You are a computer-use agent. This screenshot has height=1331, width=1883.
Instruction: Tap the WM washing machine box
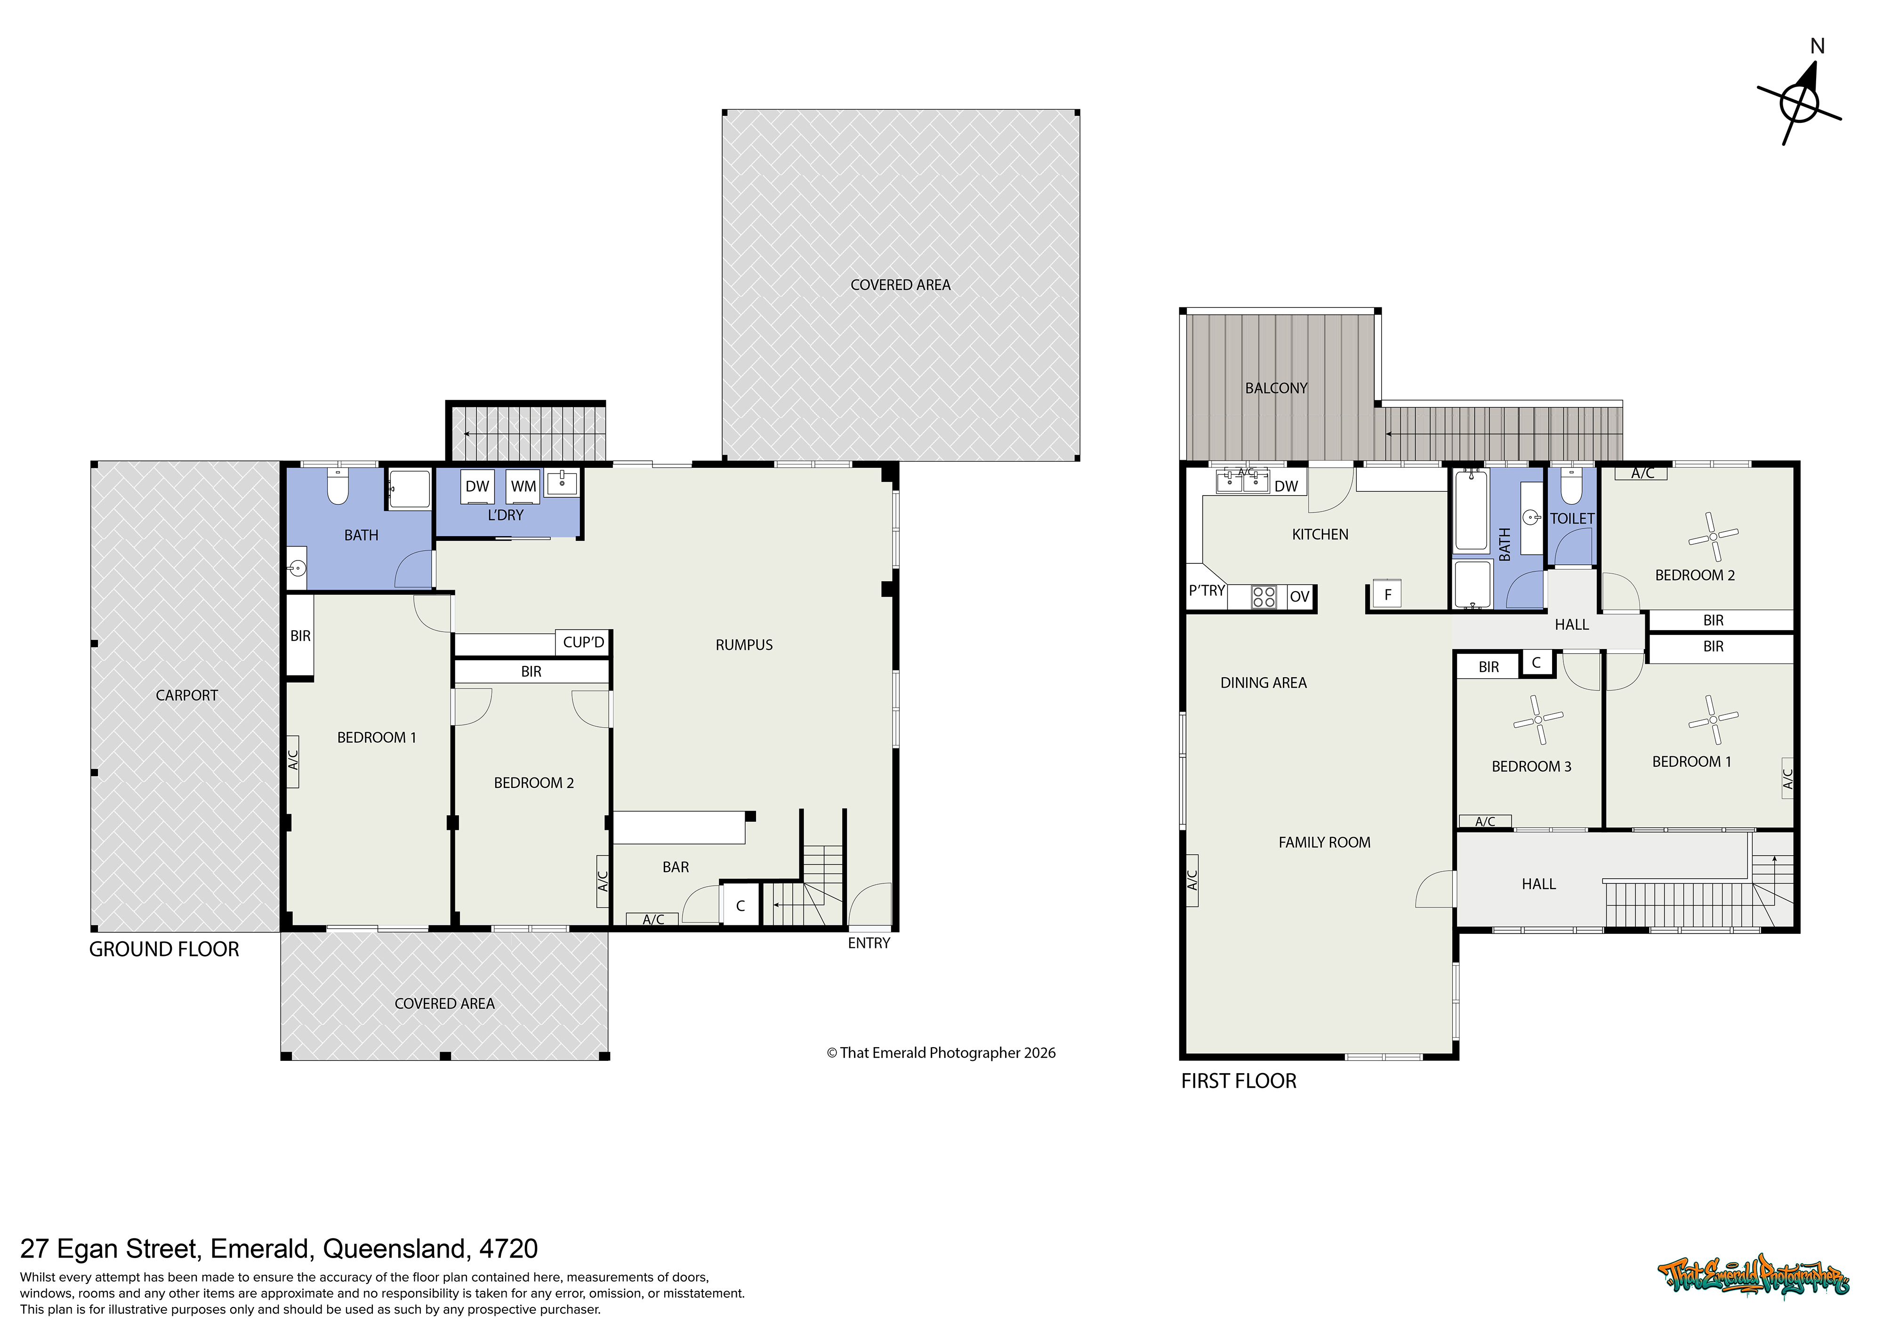point(523,486)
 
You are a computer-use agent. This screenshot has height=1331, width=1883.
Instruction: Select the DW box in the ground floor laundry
point(477,486)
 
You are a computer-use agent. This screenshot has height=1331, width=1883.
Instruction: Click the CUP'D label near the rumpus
point(583,642)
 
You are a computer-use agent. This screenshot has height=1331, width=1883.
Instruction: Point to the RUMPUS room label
point(744,645)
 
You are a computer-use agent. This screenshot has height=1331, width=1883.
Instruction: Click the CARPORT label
point(187,696)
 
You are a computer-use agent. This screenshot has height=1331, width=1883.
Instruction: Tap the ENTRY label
point(869,943)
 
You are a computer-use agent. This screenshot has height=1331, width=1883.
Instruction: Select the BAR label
point(676,867)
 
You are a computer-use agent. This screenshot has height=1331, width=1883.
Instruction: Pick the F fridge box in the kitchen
point(1388,594)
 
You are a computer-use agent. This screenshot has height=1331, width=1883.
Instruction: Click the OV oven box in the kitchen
point(1299,596)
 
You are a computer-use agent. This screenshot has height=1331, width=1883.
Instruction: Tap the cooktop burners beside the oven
point(1264,596)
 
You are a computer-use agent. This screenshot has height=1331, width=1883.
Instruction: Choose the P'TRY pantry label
point(1207,591)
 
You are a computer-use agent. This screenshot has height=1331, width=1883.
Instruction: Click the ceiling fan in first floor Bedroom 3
point(1538,719)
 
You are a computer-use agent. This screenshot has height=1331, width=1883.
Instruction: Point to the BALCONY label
point(1276,388)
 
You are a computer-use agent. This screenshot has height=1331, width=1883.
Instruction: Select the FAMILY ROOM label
point(1325,842)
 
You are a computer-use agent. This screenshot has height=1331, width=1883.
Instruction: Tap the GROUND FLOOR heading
point(164,950)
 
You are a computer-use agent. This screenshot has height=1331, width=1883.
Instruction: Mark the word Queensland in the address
point(396,1249)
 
